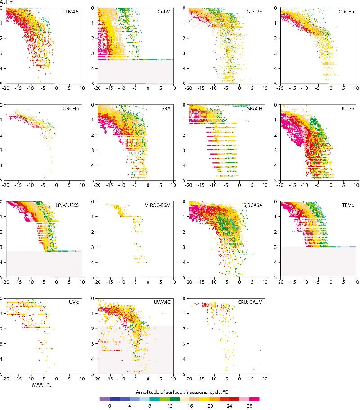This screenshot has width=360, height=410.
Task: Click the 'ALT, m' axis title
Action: pos(8,4)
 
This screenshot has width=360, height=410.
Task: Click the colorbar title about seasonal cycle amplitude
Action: pos(179,392)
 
